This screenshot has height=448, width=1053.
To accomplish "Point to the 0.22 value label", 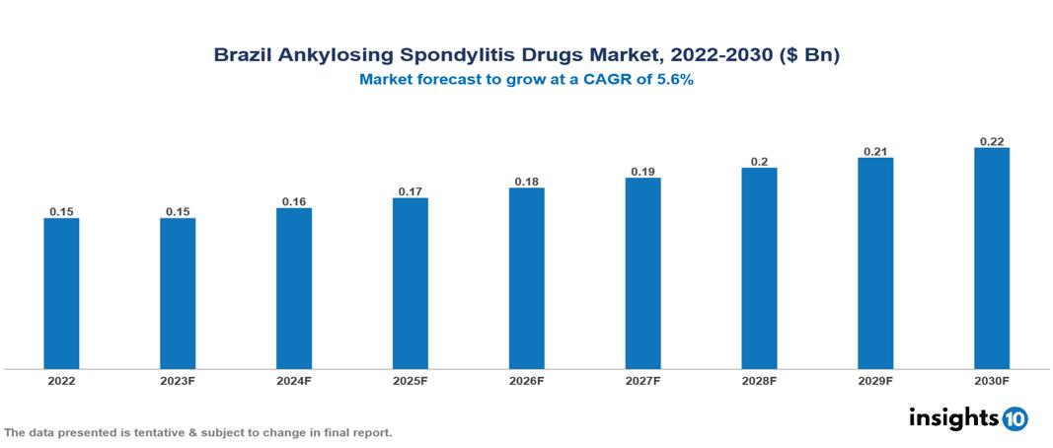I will (992, 141).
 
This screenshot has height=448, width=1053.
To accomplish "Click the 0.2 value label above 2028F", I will (759, 161).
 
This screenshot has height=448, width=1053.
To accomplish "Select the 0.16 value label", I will (294, 201).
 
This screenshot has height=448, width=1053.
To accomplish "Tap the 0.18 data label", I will (527, 182).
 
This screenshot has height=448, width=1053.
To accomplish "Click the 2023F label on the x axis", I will (178, 380).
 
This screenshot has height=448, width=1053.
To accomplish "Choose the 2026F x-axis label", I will (527, 380).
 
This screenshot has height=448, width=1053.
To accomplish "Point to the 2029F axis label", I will (875, 380).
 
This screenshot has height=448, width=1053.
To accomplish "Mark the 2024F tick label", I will (294, 380).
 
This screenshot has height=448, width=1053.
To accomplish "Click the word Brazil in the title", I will (241, 56).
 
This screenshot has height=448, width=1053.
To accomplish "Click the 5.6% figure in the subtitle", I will (671, 80).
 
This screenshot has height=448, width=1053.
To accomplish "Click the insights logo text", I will (952, 417).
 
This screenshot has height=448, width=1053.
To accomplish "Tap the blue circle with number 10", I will (1015, 418).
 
